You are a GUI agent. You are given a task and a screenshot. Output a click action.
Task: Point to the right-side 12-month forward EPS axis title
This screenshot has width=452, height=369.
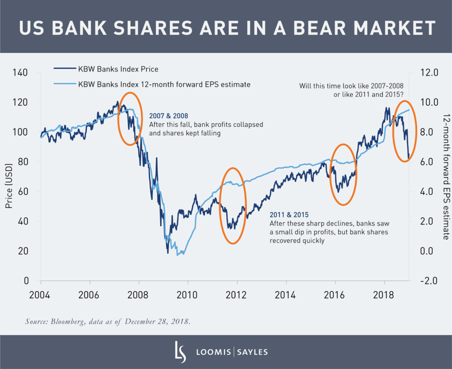coord(444,177)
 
